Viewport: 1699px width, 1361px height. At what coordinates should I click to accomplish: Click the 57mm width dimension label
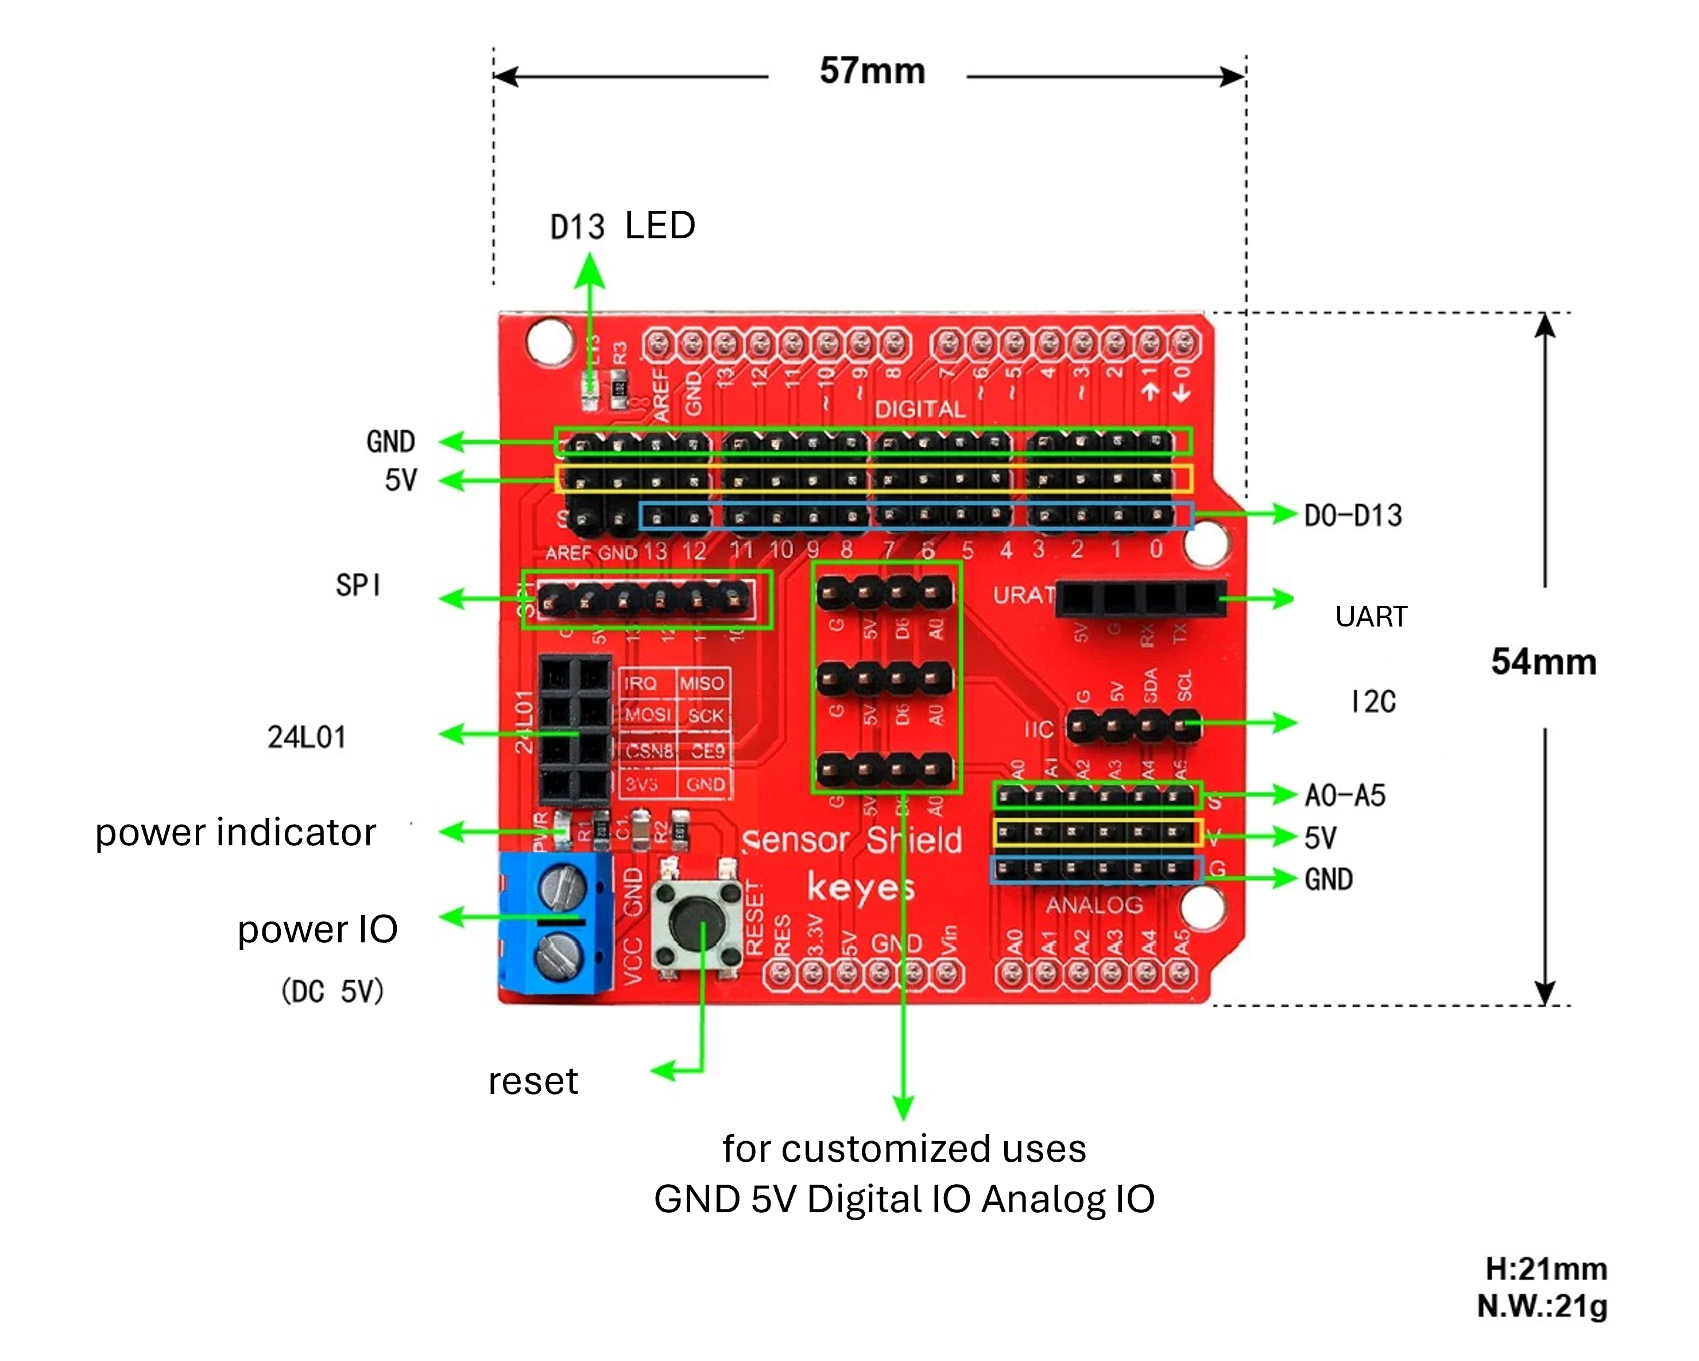point(872,71)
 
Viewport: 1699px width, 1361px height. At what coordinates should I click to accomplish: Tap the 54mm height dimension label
point(1543,662)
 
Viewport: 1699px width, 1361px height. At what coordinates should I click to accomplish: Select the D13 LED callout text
point(622,226)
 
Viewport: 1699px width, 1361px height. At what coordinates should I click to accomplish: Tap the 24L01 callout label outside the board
point(307,737)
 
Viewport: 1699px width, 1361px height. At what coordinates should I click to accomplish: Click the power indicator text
point(235,833)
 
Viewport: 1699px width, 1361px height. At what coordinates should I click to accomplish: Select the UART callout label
point(1371,616)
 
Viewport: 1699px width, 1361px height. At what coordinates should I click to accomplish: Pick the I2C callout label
point(1373,701)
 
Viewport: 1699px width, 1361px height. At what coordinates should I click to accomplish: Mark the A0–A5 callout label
point(1344,796)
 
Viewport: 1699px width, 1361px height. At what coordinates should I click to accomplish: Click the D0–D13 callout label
point(1352,515)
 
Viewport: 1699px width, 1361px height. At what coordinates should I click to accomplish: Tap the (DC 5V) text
point(332,991)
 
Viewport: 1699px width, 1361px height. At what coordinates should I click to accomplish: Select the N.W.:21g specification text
point(1542,1306)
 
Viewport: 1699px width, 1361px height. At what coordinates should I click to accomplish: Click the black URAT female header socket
point(1140,599)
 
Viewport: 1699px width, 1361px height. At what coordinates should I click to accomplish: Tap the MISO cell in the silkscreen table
point(701,683)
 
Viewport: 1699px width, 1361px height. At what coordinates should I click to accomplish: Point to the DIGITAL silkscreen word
point(920,409)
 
